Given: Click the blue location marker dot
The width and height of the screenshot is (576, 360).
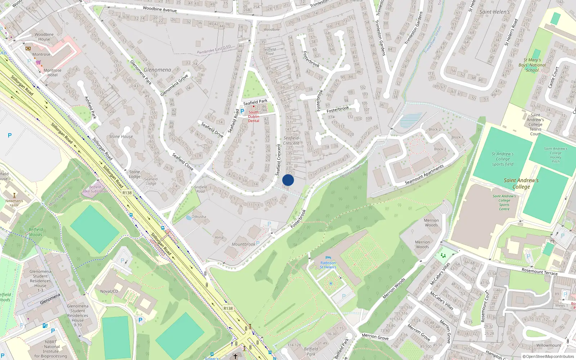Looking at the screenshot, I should tap(288, 180).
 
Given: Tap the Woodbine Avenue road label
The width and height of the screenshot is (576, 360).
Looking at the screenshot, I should tap(159, 9).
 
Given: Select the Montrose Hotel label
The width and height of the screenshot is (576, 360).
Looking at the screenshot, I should tap(53, 73).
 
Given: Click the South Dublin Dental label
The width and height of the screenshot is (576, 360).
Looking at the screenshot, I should tap(253, 116).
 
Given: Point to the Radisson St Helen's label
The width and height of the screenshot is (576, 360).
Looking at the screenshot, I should tap(328, 265).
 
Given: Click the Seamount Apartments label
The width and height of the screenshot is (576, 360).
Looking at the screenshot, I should tap(424, 175).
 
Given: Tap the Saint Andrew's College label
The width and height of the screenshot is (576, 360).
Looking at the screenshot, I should tap(521, 183).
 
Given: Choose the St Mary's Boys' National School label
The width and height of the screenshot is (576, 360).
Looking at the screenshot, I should tap(532, 65).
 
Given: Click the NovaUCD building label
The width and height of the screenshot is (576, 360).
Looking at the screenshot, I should tap(109, 291).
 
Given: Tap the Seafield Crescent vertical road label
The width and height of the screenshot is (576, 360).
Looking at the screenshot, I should tap(278, 159).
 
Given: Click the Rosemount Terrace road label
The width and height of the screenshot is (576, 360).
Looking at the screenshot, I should tap(539, 271).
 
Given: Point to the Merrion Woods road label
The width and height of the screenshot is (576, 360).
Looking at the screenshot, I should tap(394, 288).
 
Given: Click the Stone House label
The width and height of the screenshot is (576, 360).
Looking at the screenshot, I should tap(121, 136).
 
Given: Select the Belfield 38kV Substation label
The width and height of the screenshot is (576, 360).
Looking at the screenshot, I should tap(95, 189).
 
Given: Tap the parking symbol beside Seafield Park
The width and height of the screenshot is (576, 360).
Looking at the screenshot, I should tap(242, 111).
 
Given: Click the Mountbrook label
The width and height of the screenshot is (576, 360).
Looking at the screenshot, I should tap(243, 244).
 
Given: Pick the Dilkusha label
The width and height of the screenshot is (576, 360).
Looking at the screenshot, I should tap(199, 217).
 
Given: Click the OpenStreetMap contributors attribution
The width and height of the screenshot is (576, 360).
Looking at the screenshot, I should tap(548, 356).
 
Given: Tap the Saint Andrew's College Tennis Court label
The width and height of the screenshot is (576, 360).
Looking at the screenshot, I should tap(535, 124).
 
